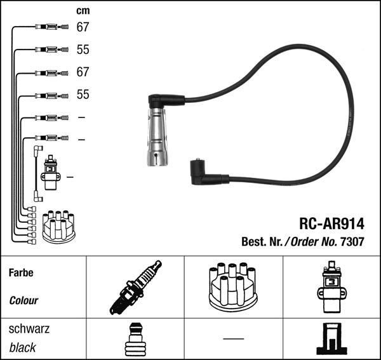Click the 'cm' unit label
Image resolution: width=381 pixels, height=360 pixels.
pos(83,11)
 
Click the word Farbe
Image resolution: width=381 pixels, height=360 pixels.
pos(21,273)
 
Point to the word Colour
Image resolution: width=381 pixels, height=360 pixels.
pos(23,300)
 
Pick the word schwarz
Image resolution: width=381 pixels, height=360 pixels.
pos(29,330)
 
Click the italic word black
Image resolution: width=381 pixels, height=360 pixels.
pos(23,347)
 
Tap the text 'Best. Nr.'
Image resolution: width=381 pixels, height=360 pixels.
pos(262,241)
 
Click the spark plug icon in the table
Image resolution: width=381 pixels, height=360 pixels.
pos(134,288)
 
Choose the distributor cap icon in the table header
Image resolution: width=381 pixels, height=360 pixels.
pos(233,287)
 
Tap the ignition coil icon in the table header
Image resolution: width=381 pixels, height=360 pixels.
pos(331,287)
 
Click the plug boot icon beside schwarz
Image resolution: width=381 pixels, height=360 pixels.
pos(135,340)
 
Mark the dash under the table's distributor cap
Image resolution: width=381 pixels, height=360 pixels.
pos(233,338)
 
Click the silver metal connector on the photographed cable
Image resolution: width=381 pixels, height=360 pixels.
pos(158,137)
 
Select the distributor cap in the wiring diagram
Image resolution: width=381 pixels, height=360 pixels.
pos(58,226)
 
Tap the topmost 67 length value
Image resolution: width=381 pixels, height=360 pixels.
pos(83,27)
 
